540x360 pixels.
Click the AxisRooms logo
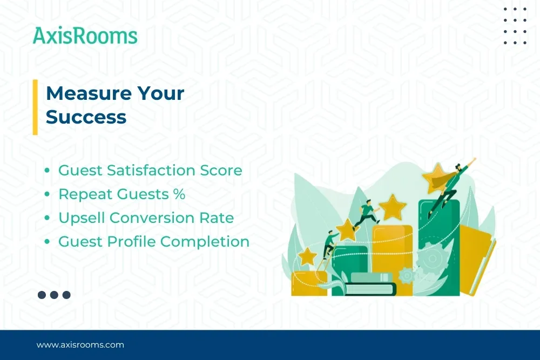85,36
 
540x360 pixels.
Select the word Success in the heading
86,117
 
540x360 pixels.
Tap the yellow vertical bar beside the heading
35,106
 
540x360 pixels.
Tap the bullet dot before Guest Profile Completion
48,242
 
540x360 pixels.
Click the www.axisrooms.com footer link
80,344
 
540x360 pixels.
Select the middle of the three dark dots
54,295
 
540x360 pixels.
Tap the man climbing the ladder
329,246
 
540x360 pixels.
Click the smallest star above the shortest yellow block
308,256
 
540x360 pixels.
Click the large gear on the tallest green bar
432,260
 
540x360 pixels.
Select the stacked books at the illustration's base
370,284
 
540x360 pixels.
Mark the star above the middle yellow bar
393,207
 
